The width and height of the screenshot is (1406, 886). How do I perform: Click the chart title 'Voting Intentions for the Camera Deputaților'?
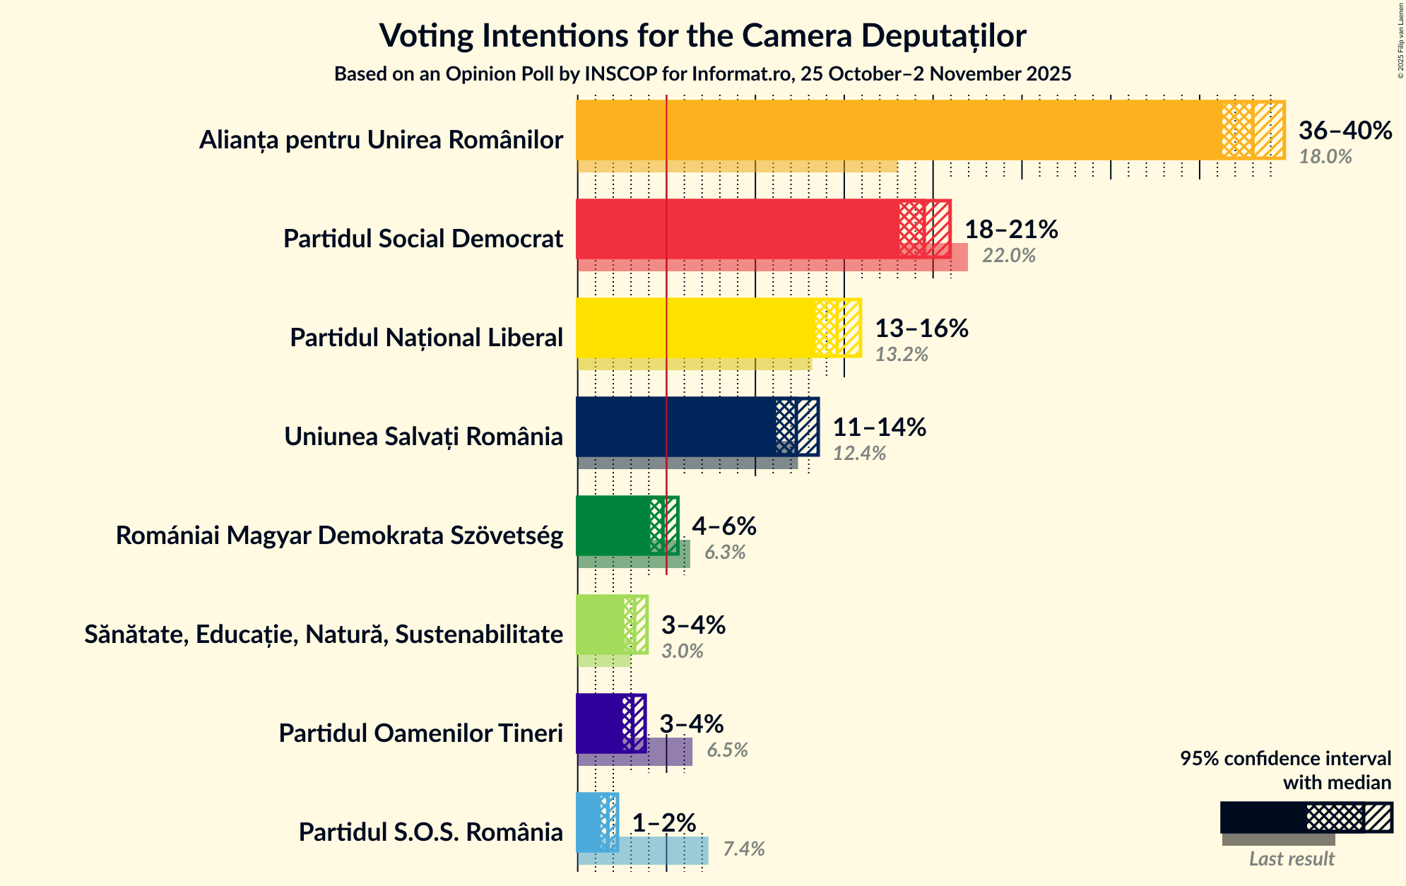(702, 35)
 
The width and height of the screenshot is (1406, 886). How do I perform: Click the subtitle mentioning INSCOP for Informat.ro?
(702, 74)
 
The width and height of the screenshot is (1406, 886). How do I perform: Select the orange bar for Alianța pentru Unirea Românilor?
(897, 131)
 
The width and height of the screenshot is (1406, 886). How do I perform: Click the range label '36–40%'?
(1345, 131)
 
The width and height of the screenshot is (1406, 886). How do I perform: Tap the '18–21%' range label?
(1010, 230)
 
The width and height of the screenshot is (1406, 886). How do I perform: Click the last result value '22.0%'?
(1008, 256)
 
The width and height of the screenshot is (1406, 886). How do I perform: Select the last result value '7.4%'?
(743, 849)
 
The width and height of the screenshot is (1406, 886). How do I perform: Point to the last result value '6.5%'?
(727, 750)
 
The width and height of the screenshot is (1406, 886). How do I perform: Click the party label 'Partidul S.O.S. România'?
(430, 832)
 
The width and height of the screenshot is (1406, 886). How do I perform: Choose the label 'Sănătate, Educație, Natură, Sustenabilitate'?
(324, 634)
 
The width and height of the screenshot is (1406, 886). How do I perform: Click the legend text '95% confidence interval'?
(1284, 759)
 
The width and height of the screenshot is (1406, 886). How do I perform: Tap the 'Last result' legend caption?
(1291, 859)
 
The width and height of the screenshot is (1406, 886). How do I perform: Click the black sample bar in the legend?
(1262, 817)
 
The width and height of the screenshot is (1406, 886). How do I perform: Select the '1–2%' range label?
(663, 823)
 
